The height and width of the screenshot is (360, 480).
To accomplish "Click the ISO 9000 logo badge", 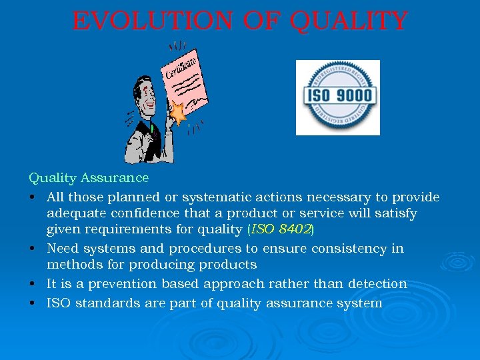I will point(337,97).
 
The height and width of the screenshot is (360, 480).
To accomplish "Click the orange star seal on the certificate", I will point(178,114).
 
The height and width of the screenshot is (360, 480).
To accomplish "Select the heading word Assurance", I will point(115,178).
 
